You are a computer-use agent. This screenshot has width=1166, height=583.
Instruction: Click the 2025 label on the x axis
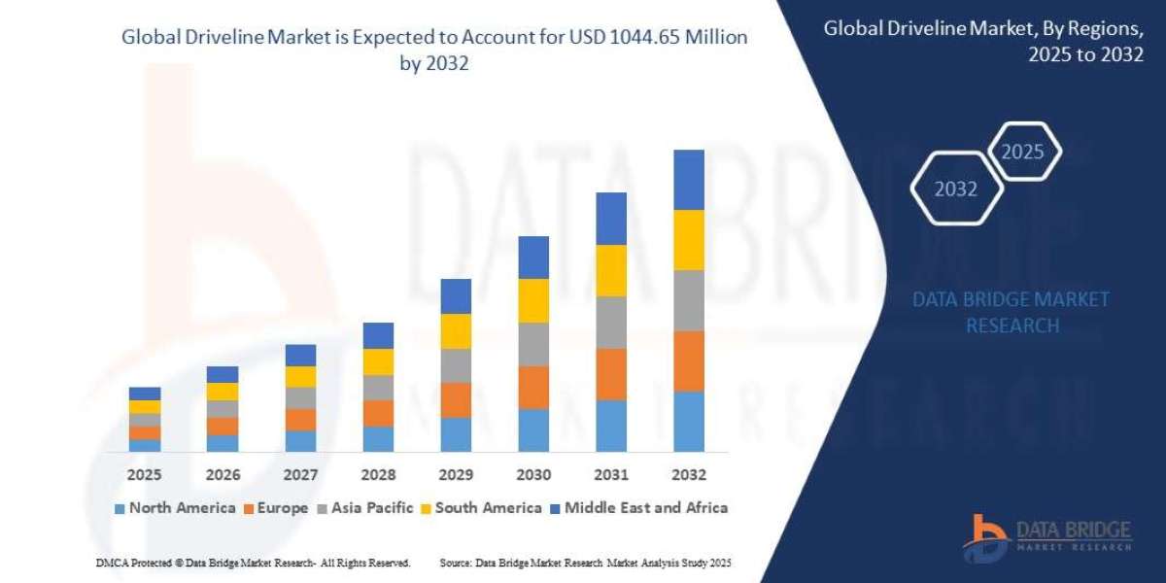145,475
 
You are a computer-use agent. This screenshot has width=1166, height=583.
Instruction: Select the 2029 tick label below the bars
456,475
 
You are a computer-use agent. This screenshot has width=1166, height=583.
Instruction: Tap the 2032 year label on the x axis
688,475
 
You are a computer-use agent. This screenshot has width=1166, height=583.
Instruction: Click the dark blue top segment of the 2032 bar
688,180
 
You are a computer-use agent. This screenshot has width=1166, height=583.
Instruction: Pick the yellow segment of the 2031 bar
610,270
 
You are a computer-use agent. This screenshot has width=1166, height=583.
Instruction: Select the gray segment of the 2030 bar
533,344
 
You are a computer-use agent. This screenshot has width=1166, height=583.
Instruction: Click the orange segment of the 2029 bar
456,399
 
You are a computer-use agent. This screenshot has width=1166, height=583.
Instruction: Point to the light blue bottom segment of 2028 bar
378,439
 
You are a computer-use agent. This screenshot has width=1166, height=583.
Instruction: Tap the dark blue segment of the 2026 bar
223,374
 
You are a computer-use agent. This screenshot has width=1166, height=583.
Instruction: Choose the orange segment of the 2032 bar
688,360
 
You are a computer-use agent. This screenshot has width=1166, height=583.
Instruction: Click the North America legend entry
174,507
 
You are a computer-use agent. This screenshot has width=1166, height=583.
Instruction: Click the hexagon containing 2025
1022,152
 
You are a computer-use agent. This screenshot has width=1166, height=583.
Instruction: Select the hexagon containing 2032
956,189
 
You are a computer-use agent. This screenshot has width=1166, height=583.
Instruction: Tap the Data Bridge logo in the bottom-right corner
1049,533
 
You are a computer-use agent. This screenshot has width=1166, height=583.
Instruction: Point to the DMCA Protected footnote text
253,564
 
